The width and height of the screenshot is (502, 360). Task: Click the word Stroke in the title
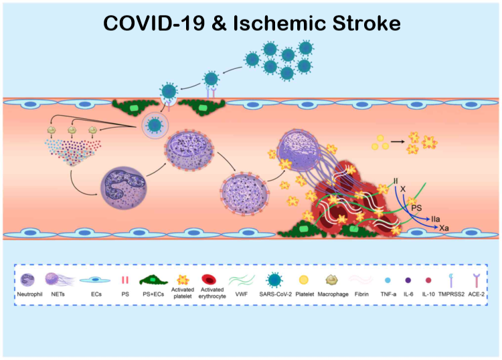pyautogui.click(x=364, y=23)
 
